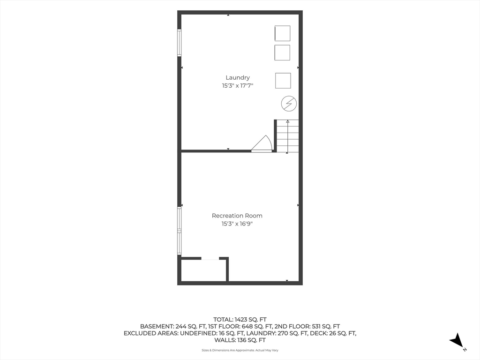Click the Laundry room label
pyautogui.click(x=238, y=78)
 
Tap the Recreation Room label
pyautogui.click(x=237, y=216)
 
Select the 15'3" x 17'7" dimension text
pyautogui.click(x=238, y=86)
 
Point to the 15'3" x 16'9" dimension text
pyautogui.click(x=237, y=224)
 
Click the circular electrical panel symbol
pyautogui.click(x=289, y=104)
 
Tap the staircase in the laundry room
pyautogui.click(x=287, y=136)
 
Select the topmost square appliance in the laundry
pyautogui.click(x=282, y=33)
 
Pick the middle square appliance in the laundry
pyautogui.click(x=282, y=52)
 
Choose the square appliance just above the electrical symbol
pyautogui.click(x=283, y=81)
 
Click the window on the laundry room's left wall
pyautogui.click(x=180, y=43)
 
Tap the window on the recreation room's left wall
pyautogui.click(x=180, y=231)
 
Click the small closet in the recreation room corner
pyautogui.click(x=204, y=270)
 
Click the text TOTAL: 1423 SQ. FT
pyautogui.click(x=240, y=320)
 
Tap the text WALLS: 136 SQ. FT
pyautogui.click(x=240, y=340)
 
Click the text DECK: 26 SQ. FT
pyautogui.click(x=333, y=333)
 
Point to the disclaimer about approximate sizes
pyautogui.click(x=240, y=350)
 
